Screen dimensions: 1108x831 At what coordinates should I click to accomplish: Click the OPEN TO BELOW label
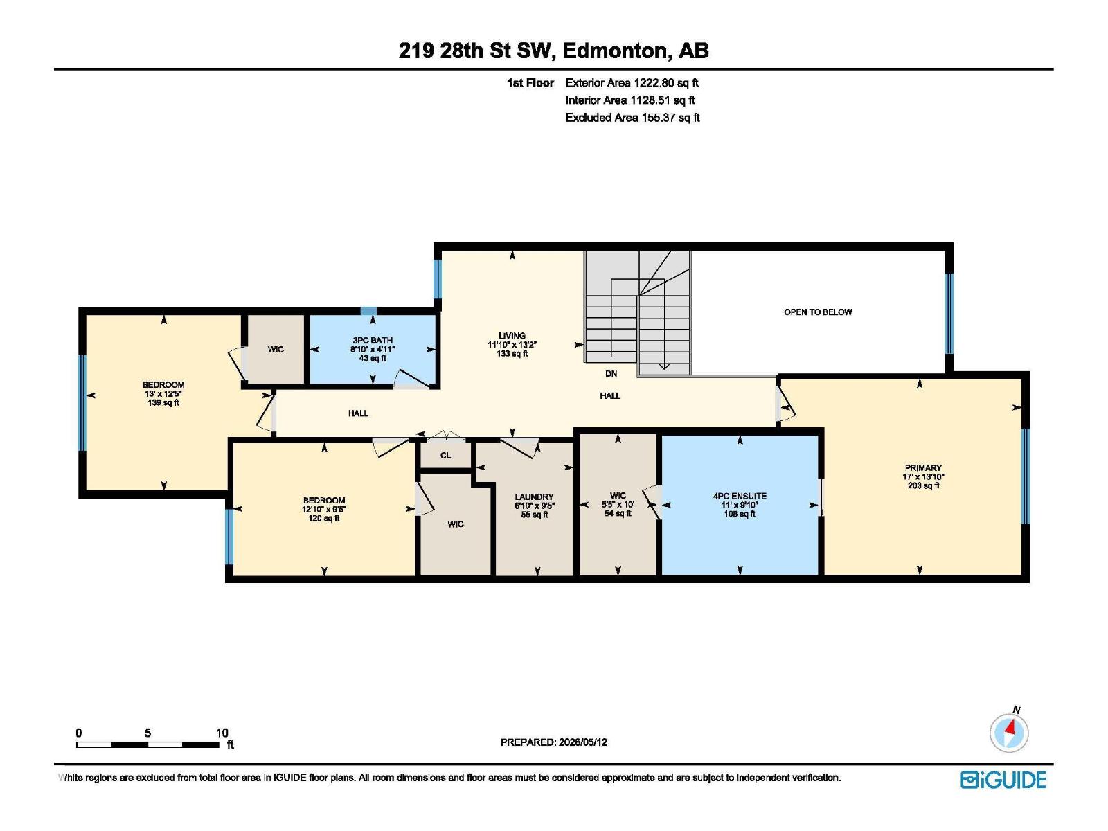click(x=817, y=312)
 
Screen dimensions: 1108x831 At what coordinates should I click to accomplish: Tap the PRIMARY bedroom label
click(x=922, y=467)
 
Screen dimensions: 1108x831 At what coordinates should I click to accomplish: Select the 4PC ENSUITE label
click(x=740, y=496)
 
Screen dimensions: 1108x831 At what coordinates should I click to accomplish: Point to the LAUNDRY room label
click(x=534, y=497)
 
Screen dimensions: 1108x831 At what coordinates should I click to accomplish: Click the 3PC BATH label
click(x=373, y=341)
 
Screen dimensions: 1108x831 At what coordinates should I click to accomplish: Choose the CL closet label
click(x=445, y=456)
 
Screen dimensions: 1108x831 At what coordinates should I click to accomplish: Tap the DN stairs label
click(x=611, y=374)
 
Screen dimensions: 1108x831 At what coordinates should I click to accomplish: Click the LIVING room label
click(x=512, y=336)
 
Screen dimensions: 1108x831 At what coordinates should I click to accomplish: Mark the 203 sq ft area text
click(x=923, y=485)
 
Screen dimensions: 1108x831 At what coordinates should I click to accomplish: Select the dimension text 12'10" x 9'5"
click(x=323, y=510)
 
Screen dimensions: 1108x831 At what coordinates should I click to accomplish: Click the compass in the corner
click(x=1008, y=733)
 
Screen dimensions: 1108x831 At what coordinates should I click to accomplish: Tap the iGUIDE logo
click(x=1003, y=780)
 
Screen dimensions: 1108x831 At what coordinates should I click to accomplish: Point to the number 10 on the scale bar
click(x=222, y=733)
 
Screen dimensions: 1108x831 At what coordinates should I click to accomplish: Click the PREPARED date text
click(x=554, y=742)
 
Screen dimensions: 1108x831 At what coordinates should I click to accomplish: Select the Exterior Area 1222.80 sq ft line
click(x=632, y=83)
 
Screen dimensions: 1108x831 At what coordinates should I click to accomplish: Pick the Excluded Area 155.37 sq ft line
click(x=632, y=118)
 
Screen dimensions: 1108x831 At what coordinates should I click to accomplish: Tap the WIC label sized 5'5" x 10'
click(x=617, y=495)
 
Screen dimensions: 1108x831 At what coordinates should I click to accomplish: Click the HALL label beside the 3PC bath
click(x=358, y=413)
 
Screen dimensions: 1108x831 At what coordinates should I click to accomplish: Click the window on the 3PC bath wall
click(x=368, y=310)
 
